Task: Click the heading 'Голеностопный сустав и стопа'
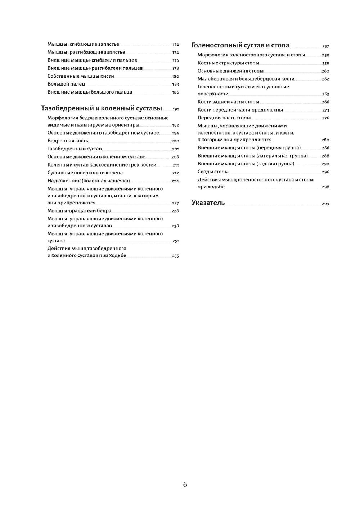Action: click(240, 46)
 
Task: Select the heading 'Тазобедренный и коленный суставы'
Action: click(102, 109)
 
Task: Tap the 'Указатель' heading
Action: click(208, 203)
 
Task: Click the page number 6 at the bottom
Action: click(185, 485)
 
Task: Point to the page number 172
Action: click(175, 45)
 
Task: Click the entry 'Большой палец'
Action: click(66, 84)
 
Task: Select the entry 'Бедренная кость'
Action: click(68, 141)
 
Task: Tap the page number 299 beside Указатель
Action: click(325, 204)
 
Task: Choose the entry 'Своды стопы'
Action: click(213, 172)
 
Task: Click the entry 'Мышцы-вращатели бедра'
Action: click(80, 211)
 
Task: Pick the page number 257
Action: click(325, 46)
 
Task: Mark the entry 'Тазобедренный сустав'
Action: click(75, 149)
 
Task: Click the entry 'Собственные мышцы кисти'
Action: click(81, 76)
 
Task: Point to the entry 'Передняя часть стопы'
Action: click(224, 118)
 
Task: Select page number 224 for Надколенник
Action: click(175, 181)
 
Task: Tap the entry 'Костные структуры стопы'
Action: click(228, 63)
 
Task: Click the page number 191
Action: click(176, 109)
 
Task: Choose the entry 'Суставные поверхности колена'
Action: click(85, 173)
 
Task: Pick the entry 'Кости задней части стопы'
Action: click(228, 102)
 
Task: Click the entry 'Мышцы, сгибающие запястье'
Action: click(83, 44)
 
